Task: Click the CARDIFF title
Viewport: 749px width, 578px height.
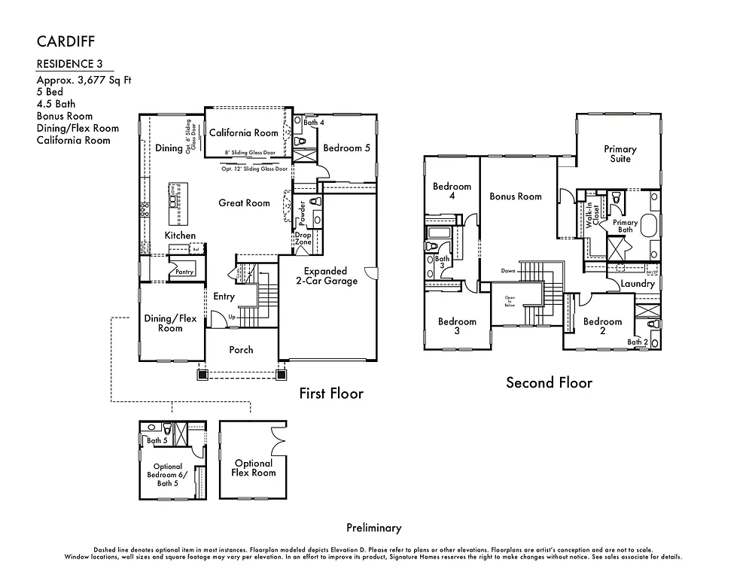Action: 66,40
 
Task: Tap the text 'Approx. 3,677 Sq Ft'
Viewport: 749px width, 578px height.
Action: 83,80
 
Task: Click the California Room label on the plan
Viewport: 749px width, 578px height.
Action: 243,132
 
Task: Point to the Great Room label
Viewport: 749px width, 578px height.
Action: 244,202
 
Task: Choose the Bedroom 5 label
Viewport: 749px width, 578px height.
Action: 346,148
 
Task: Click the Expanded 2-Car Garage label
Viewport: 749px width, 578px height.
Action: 325,275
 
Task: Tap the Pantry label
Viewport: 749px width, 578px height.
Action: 184,272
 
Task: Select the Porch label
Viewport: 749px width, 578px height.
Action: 241,349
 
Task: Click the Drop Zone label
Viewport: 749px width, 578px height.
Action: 303,239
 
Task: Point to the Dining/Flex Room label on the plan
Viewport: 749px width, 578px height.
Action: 170,323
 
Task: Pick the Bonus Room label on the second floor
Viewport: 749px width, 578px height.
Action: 516,196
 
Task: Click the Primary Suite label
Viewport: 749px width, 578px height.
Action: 620,154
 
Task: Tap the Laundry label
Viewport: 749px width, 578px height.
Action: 637,284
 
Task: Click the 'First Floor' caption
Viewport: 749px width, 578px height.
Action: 330,393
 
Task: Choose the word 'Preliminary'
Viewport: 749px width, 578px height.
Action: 373,528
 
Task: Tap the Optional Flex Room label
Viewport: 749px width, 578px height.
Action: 254,467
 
